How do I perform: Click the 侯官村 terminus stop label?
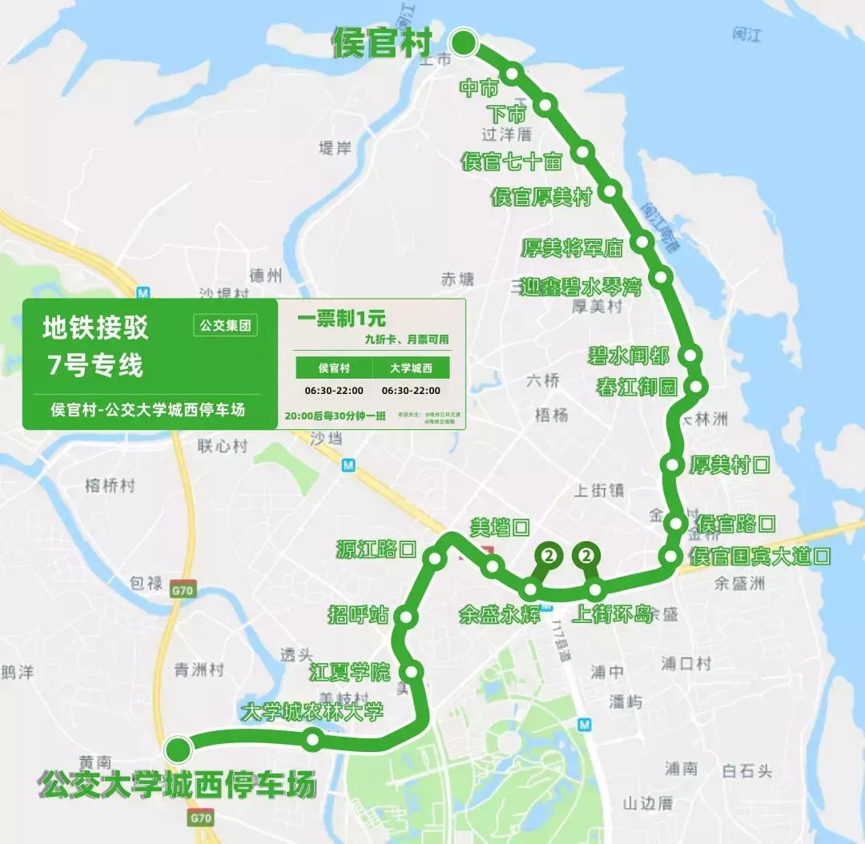click(x=382, y=43)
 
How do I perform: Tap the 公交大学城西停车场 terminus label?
click(x=177, y=784)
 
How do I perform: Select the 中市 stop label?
click(x=479, y=87)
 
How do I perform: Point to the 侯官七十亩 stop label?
click(x=512, y=162)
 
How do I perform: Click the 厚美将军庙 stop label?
click(x=572, y=247)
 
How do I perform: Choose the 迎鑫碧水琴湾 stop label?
click(x=581, y=287)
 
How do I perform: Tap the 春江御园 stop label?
click(x=638, y=388)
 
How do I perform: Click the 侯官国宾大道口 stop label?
click(x=760, y=557)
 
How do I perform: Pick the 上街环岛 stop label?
click(x=614, y=614)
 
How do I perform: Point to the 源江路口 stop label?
click(x=376, y=549)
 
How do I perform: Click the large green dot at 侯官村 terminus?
click(x=464, y=42)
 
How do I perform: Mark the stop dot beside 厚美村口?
click(x=673, y=464)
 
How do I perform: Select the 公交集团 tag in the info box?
click(x=225, y=326)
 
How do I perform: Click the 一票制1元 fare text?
click(x=341, y=319)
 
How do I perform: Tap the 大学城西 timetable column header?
click(x=411, y=368)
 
